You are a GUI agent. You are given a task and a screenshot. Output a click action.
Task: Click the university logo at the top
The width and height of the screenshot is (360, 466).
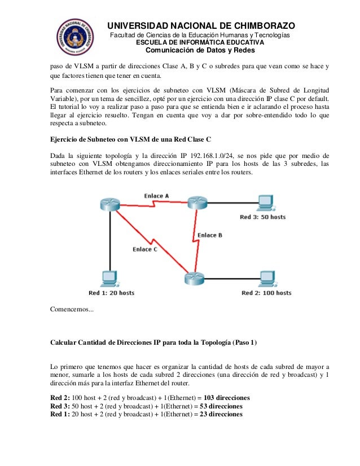click(73, 34)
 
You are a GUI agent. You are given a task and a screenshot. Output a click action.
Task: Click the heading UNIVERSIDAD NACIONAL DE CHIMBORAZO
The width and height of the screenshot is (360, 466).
click(201, 26)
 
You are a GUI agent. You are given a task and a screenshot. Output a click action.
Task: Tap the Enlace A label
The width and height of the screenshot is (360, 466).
click(156, 196)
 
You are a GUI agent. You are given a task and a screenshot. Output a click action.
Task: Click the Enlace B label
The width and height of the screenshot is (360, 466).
click(210, 235)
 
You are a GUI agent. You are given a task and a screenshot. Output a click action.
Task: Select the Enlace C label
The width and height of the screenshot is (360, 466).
click(145, 249)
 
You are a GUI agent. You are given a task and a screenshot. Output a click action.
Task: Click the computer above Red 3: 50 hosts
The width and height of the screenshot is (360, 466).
click(263, 202)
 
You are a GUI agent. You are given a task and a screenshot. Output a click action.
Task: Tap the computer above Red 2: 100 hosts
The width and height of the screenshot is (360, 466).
click(266, 279)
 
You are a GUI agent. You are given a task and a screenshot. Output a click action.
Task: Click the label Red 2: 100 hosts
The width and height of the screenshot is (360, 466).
click(266, 293)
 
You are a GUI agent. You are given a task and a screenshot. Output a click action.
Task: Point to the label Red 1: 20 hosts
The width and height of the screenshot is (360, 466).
click(111, 293)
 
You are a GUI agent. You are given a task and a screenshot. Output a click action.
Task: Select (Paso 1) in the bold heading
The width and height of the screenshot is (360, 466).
click(243, 342)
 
